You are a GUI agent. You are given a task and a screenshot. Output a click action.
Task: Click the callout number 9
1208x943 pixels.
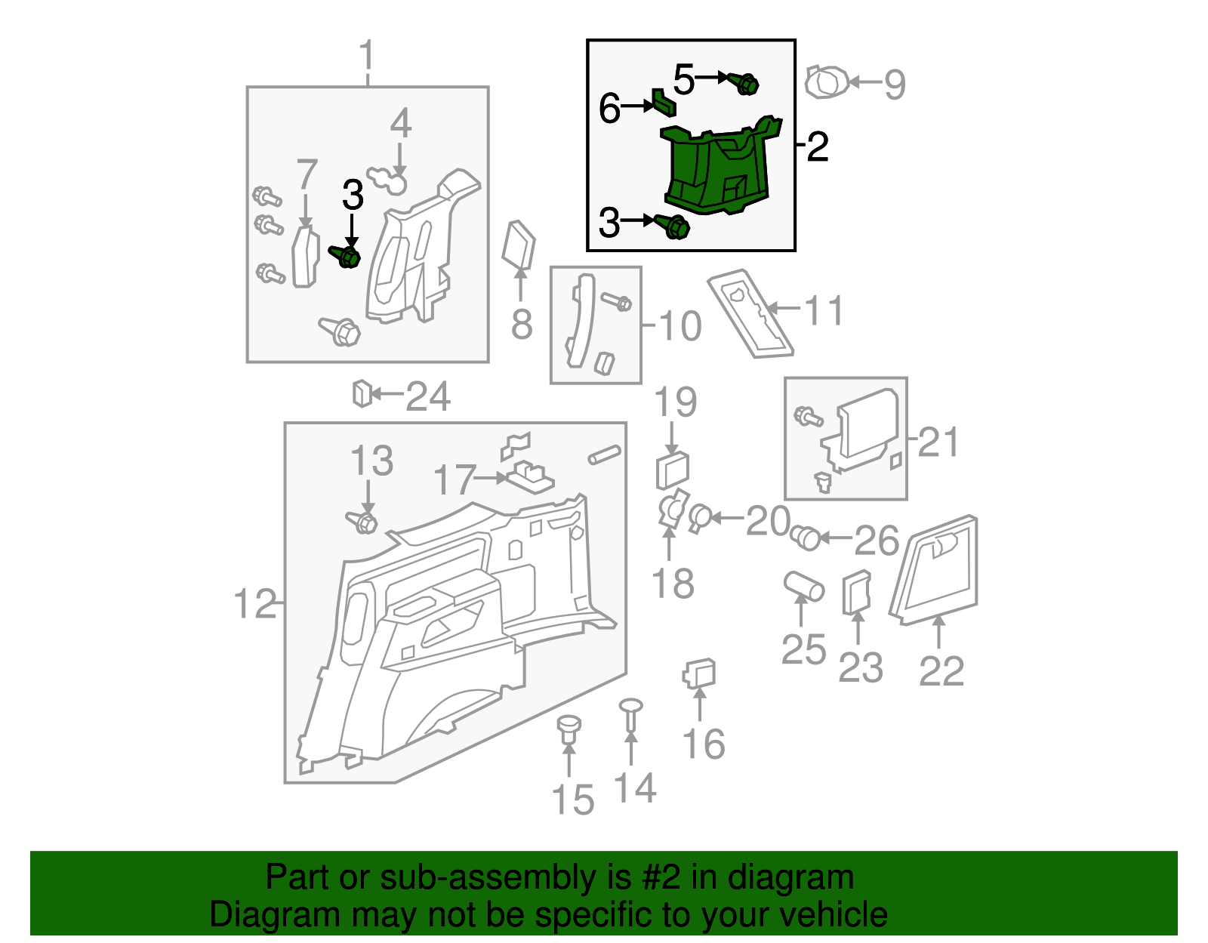click(895, 85)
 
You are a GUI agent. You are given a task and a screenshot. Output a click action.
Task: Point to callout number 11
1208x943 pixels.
click(824, 310)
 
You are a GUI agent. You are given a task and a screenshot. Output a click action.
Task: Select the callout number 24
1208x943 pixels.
click(428, 396)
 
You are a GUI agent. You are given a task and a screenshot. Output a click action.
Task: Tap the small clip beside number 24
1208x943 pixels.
click(362, 393)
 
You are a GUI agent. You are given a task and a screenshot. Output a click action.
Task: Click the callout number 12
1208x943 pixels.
click(255, 604)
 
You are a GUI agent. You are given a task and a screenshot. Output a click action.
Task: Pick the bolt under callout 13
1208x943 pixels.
click(363, 522)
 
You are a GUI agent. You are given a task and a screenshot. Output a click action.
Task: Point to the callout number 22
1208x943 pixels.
click(941, 670)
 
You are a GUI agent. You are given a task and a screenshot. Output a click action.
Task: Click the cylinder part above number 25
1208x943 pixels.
click(803, 586)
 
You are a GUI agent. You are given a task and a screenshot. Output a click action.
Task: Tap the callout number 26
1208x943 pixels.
click(877, 541)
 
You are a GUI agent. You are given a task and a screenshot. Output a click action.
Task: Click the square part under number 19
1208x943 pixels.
click(672, 471)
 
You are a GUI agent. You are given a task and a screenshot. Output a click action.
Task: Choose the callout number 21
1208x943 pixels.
click(938, 442)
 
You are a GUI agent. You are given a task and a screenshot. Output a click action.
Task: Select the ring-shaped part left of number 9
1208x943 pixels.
click(826, 82)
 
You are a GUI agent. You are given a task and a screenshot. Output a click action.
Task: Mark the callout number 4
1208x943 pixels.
click(400, 123)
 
